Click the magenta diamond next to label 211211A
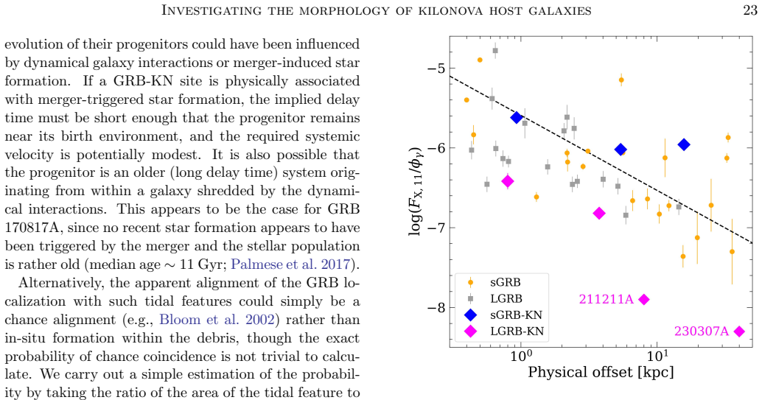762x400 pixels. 644,299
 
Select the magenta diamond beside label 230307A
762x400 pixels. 739,331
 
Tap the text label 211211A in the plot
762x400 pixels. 606,299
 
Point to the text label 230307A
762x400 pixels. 702,331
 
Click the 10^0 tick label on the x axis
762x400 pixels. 520,357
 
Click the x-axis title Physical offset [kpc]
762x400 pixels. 601,373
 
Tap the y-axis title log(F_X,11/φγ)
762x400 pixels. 415,184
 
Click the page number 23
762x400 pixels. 750,10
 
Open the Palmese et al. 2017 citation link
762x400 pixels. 290,264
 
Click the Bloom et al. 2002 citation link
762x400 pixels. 217,320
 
